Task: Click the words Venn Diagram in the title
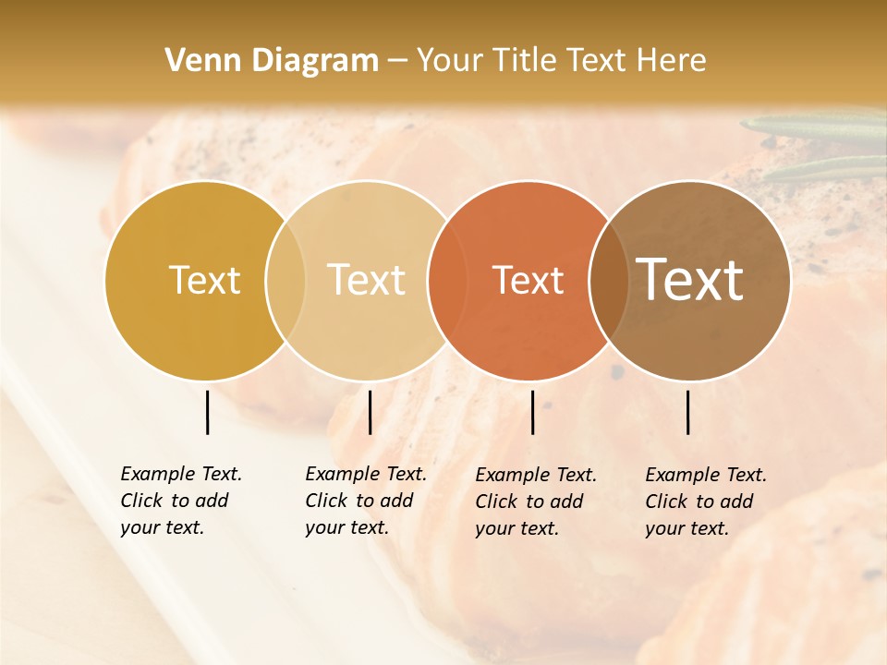[272, 61]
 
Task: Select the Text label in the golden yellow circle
[204, 280]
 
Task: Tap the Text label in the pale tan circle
[367, 280]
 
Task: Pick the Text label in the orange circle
[528, 280]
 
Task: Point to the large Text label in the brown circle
[690, 279]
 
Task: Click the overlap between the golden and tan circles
[286, 280]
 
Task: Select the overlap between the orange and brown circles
[608, 280]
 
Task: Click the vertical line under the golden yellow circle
[207, 412]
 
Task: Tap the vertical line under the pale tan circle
[370, 412]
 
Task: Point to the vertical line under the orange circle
[532, 412]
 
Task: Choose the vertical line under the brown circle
[688, 412]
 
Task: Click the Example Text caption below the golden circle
[180, 501]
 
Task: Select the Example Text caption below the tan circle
[365, 501]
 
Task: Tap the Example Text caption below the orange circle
[535, 502]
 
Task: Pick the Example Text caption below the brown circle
[705, 502]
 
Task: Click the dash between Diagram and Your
[397, 62]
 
